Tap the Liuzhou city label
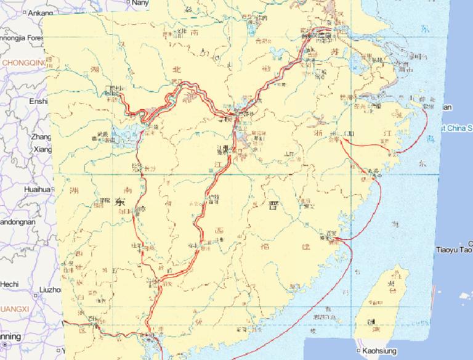[49, 288]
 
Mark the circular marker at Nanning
[2, 337]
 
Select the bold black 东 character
[119, 201]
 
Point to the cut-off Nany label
[140, 3]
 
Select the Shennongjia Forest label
[22, 38]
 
